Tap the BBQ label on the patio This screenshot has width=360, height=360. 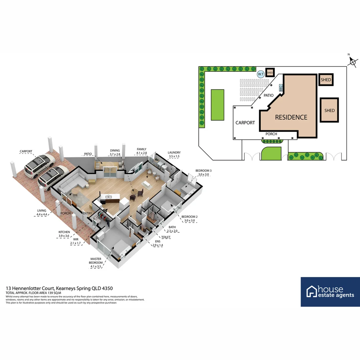point(281,88)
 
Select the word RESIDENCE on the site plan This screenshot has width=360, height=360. point(291,117)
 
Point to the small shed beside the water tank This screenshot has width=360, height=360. point(270,73)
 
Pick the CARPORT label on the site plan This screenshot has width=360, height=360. point(245,123)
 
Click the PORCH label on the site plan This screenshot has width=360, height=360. point(271,134)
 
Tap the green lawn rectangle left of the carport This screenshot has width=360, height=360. point(217,105)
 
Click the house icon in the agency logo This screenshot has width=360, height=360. point(312,291)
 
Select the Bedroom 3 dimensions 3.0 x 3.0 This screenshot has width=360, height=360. point(203,174)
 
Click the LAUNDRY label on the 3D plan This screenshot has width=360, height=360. point(174,152)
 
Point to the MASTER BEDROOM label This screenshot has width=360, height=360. point(96,261)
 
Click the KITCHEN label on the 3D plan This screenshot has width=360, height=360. point(64,232)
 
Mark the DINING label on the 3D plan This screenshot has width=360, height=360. point(115,150)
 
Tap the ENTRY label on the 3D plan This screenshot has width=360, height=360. point(87,213)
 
